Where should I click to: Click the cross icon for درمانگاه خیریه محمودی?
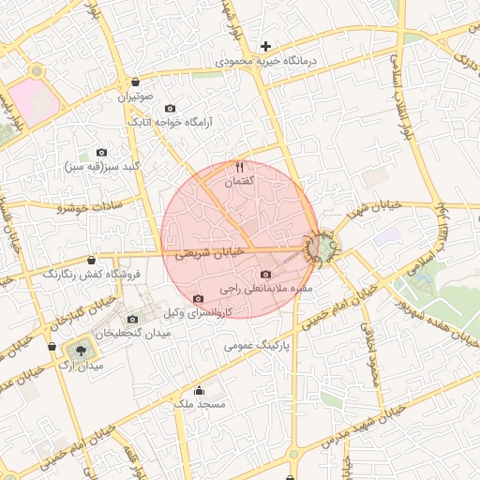(x=267, y=46)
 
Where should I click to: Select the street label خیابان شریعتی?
(x=209, y=253)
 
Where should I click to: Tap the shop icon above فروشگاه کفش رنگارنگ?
(x=91, y=261)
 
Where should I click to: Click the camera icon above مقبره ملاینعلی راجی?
(x=266, y=275)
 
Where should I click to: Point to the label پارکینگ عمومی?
(x=255, y=345)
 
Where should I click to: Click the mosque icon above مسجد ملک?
(x=198, y=390)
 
